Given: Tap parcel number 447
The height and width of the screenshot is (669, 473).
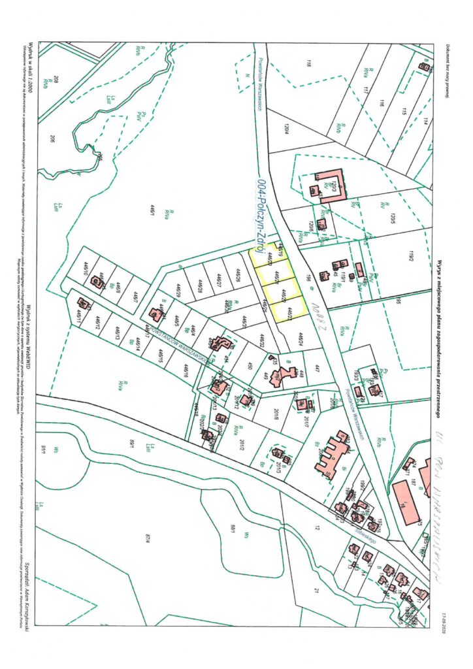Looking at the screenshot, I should pyautogui.click(x=318, y=368).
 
